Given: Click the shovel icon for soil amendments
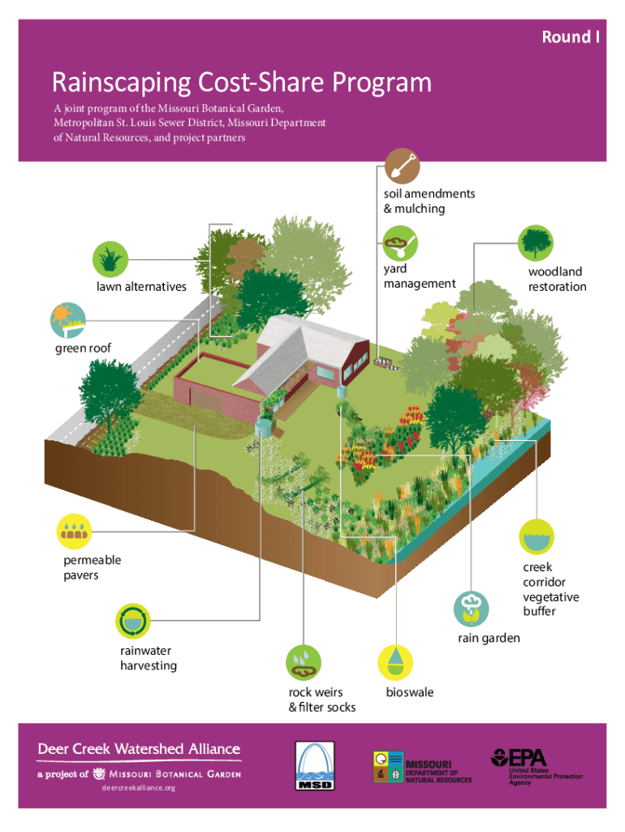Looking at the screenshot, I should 402,166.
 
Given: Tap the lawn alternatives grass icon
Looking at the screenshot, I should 110,258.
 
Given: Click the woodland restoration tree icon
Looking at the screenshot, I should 536,241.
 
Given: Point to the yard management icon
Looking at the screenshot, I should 400,241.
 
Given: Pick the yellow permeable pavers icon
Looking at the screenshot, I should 75,531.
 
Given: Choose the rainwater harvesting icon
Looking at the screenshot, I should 134,622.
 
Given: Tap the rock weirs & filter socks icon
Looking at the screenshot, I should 304,662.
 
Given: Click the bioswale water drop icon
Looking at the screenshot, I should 397,662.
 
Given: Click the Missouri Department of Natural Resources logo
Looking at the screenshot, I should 422,768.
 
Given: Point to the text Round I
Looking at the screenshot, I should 571,37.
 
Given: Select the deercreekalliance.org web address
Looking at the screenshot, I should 138,788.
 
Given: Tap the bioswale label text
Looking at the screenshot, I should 409,692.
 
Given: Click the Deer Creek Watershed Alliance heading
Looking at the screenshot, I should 139,748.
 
